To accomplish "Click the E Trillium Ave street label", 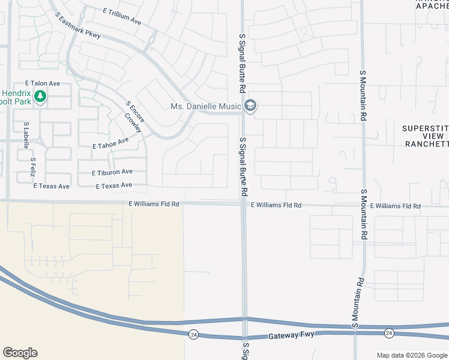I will click(122, 16).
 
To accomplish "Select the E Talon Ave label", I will click(42, 83).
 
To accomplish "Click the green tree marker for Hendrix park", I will click(40, 96).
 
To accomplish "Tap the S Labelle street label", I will click(26, 135).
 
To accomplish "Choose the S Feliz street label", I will click(34, 167).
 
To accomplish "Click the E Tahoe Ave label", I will click(111, 143).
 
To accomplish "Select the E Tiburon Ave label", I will click(112, 172).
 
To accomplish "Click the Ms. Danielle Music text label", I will click(206, 107).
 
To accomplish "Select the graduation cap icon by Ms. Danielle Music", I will click(250, 107).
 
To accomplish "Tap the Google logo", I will click(20, 353).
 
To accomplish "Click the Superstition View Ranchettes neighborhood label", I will click(426, 136).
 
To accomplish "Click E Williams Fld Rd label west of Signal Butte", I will click(154, 204).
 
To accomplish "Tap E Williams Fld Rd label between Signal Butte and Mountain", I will click(276, 205).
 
